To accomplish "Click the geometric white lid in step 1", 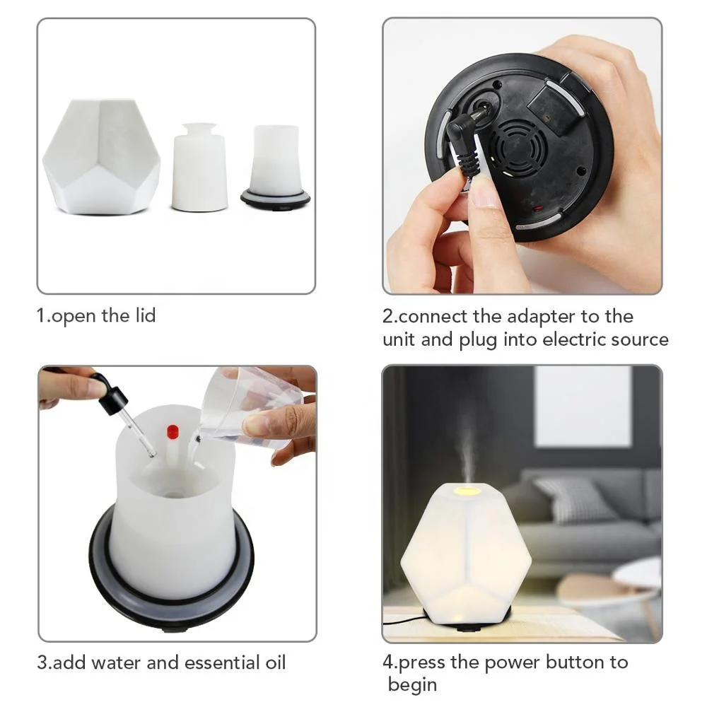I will click(x=101, y=157).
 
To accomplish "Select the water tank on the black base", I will click(x=274, y=159).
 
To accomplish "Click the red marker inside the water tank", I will click(x=172, y=431).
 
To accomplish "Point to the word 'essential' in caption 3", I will click(x=218, y=662).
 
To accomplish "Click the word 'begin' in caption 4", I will click(x=413, y=684).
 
